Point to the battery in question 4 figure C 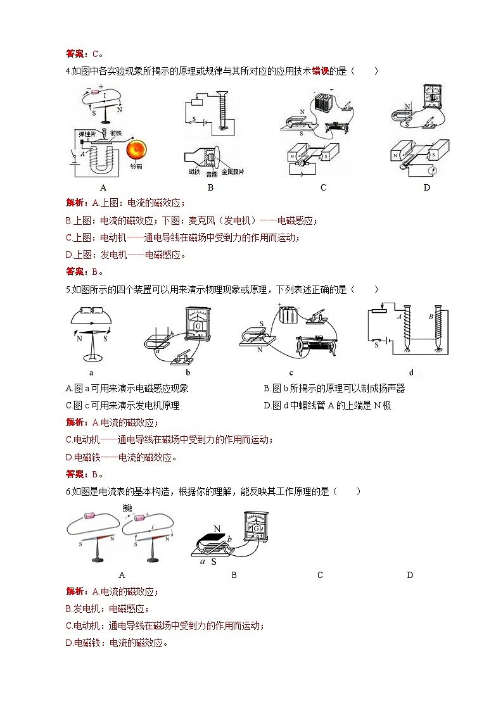(x=324, y=103)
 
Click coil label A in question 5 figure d (x=398, y=317)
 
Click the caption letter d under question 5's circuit (x=411, y=373)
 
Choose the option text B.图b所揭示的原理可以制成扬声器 (x=333, y=388)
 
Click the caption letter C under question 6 (x=320, y=575)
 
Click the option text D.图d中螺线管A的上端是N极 (x=327, y=405)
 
